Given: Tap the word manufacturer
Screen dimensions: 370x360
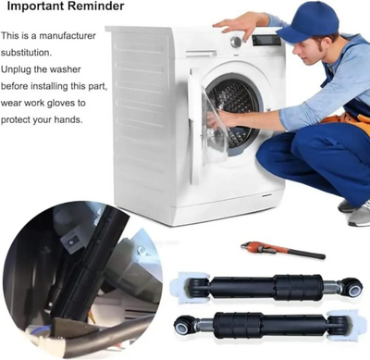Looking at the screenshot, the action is pos(68,36).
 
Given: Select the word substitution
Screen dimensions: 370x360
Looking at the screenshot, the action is pos(26,53).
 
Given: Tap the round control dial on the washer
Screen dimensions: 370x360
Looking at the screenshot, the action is pos(236,42).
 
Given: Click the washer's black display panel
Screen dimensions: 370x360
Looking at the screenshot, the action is pos(267,40).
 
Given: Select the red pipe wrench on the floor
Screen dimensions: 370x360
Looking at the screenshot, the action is pos(283,250).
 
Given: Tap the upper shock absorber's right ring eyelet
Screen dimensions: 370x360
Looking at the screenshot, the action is pos(352,286).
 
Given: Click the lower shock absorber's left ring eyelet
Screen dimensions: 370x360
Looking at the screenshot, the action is pos(182,323).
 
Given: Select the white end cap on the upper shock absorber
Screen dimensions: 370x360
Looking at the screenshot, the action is pos(183,283).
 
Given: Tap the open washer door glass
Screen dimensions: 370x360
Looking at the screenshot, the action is pos(214,120).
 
